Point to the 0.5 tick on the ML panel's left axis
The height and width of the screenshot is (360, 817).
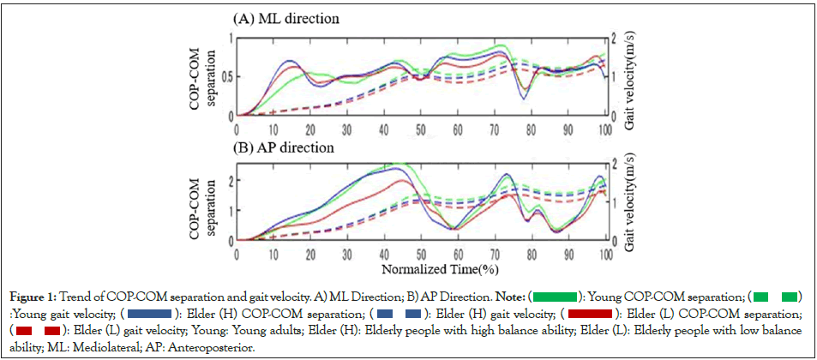(x=225, y=75)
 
